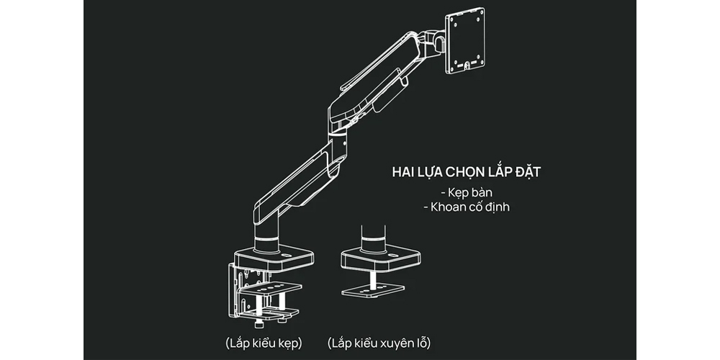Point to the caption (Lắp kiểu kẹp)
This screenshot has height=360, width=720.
(263, 341)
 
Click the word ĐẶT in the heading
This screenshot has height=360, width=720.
(537, 174)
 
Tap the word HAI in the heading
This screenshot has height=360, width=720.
(404, 174)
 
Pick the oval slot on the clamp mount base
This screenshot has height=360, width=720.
(286, 254)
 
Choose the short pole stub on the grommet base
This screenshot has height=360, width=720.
(372, 238)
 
